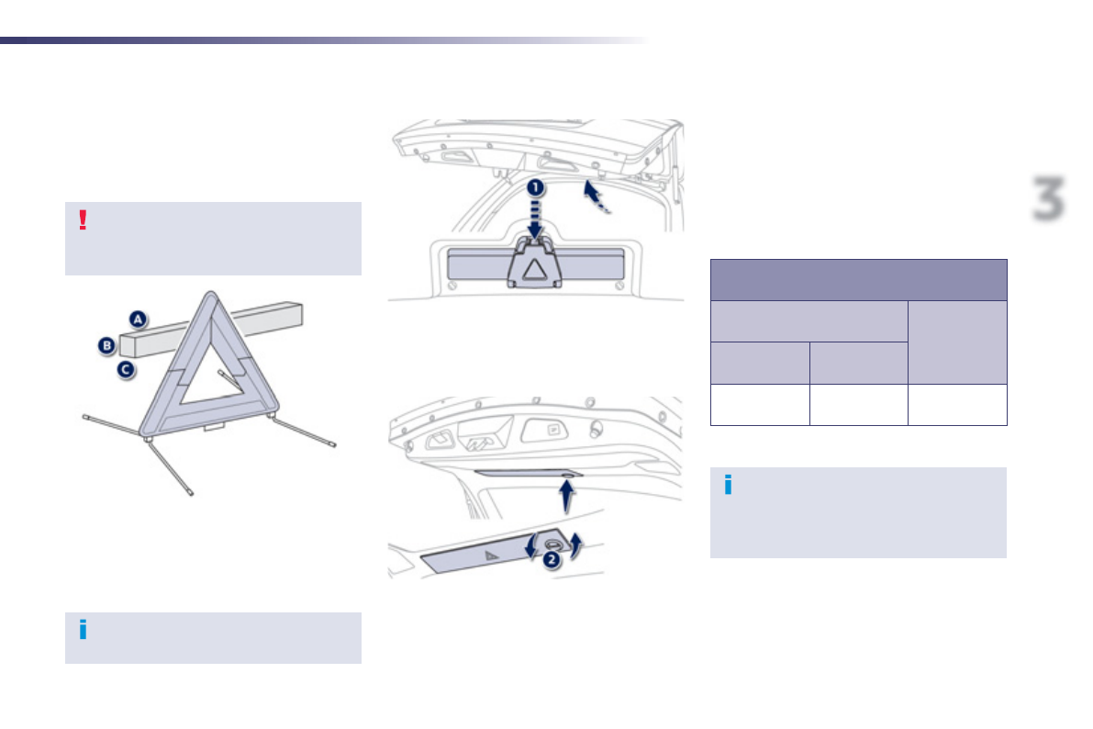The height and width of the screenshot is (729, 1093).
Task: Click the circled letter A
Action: pyautogui.click(x=138, y=320)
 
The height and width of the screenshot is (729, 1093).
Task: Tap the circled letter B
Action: pyautogui.click(x=106, y=346)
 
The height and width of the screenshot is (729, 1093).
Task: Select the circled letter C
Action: pyautogui.click(x=125, y=370)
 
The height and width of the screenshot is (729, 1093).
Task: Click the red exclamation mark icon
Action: pyautogui.click(x=83, y=220)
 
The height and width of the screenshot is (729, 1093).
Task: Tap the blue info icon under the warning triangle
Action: pyautogui.click(x=83, y=630)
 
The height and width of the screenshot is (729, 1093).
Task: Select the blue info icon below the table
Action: pyautogui.click(x=728, y=486)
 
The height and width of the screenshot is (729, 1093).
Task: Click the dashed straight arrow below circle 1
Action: pyautogui.click(x=535, y=220)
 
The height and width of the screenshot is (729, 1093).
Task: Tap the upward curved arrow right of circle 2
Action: pyautogui.click(x=576, y=544)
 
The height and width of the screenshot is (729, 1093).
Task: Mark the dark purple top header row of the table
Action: pyautogui.click(x=859, y=280)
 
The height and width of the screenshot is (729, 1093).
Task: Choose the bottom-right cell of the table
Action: pyautogui.click(x=957, y=405)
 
